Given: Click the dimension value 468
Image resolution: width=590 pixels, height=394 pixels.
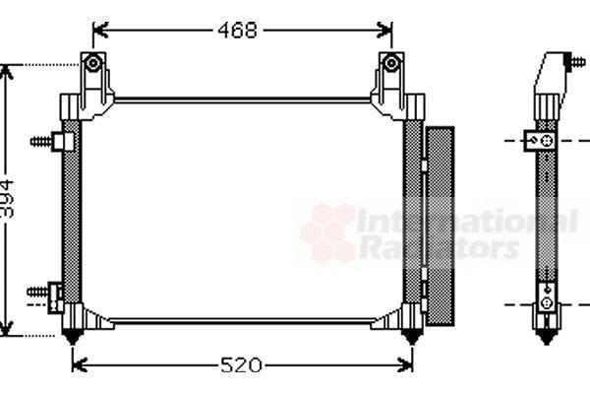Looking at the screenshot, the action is (238, 31).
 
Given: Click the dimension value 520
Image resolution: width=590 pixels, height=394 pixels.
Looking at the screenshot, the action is (241, 365).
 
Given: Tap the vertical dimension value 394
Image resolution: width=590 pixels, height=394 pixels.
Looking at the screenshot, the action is (7, 199).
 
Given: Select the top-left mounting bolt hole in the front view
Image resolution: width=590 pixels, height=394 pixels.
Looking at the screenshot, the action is (93, 63).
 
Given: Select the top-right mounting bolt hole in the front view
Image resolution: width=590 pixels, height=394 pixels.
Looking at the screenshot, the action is (391, 63).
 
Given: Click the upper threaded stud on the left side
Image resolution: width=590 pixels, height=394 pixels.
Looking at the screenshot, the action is (41, 142).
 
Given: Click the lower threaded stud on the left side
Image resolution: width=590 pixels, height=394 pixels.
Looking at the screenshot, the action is (38, 292).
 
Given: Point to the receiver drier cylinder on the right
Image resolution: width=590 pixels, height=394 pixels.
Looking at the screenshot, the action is (440, 227).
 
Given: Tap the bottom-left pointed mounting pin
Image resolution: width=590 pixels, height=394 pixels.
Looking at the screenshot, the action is (72, 337).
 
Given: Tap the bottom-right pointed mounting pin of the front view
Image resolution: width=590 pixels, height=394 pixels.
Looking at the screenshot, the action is (412, 337).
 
